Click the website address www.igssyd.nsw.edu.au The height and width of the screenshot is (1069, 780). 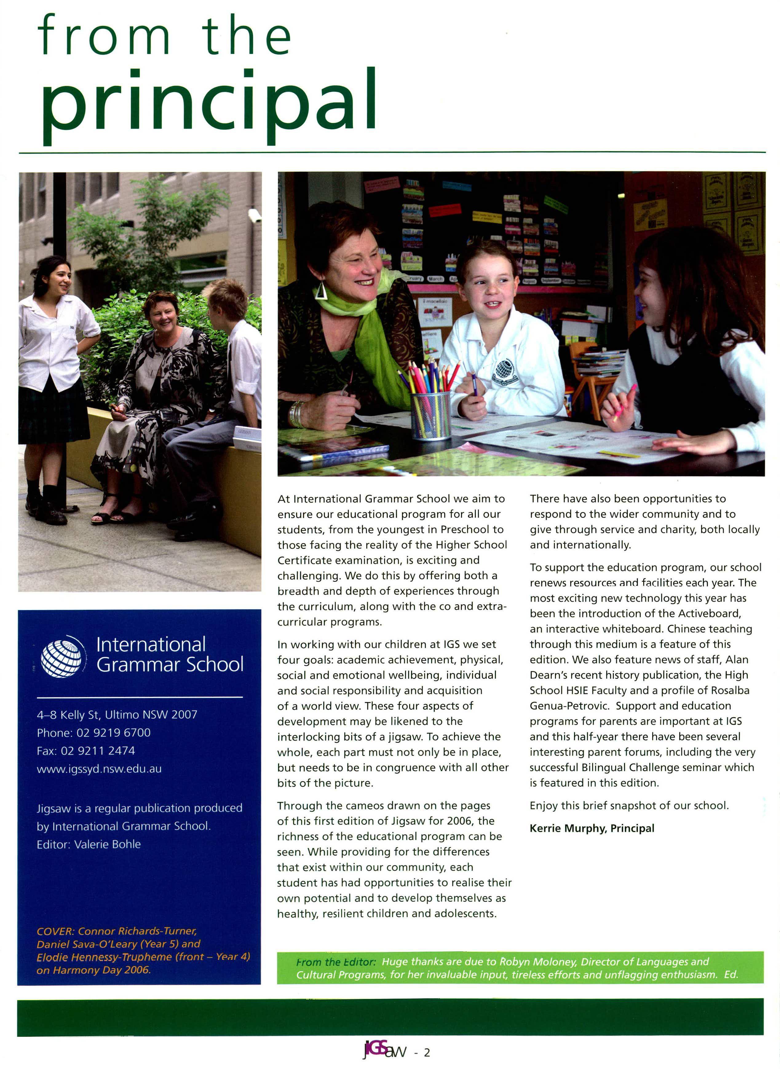click(99, 769)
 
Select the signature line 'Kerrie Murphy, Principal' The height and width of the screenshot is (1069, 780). click(592, 828)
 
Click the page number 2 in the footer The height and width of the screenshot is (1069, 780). click(427, 1052)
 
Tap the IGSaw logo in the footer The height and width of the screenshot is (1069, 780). click(384, 1051)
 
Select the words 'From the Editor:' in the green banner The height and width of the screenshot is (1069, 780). click(336, 962)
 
